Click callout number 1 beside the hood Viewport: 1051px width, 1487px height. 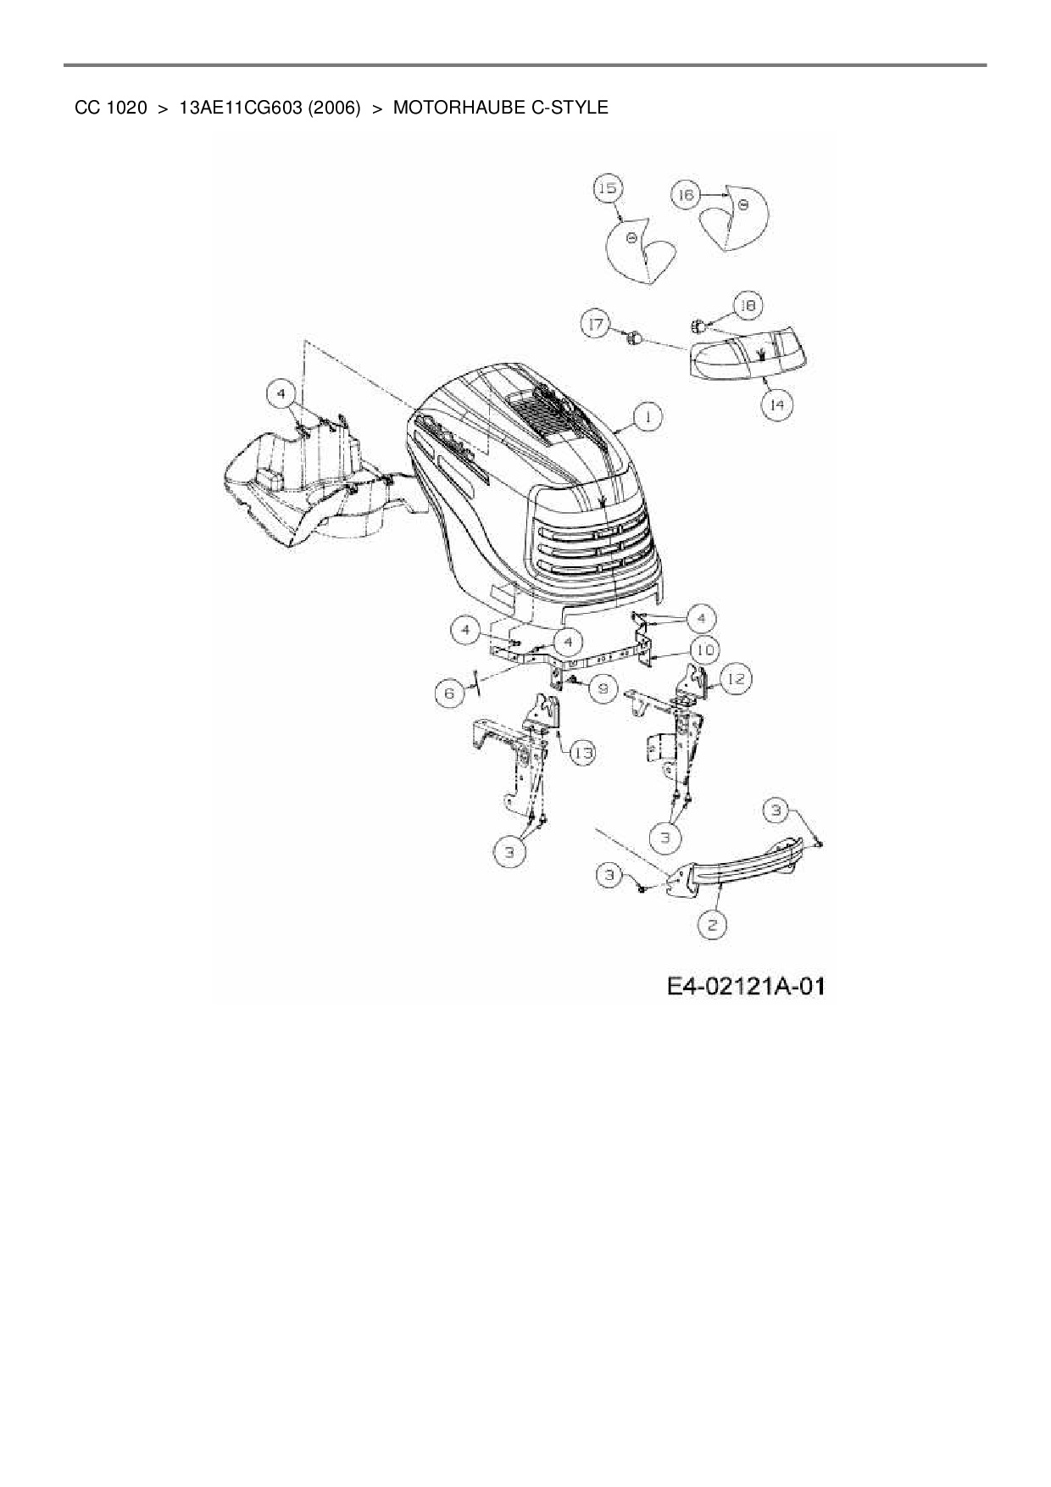tap(648, 417)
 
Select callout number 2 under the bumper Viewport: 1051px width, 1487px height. tap(713, 925)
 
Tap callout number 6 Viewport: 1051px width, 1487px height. tap(449, 693)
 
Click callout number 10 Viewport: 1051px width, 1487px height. tap(704, 651)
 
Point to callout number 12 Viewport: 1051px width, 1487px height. tap(735, 679)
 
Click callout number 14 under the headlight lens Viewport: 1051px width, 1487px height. tap(776, 406)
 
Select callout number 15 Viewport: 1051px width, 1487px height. tap(608, 188)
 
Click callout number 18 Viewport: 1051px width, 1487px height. tap(748, 306)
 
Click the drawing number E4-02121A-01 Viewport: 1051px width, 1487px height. tap(745, 986)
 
